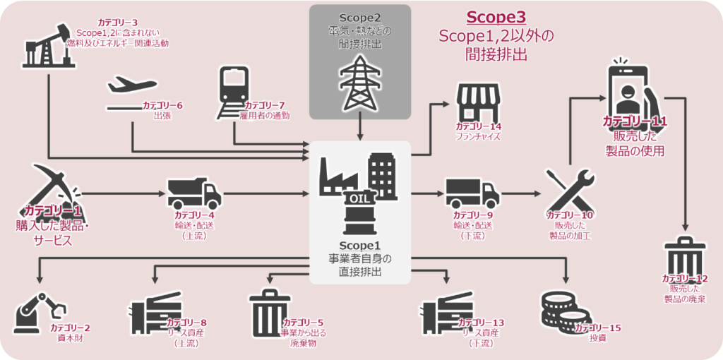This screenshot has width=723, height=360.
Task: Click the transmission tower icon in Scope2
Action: (x=360, y=81)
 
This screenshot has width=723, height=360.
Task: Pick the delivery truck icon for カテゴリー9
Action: (x=472, y=193)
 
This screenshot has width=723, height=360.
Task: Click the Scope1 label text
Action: (x=360, y=245)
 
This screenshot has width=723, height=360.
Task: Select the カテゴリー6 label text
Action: (x=162, y=105)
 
